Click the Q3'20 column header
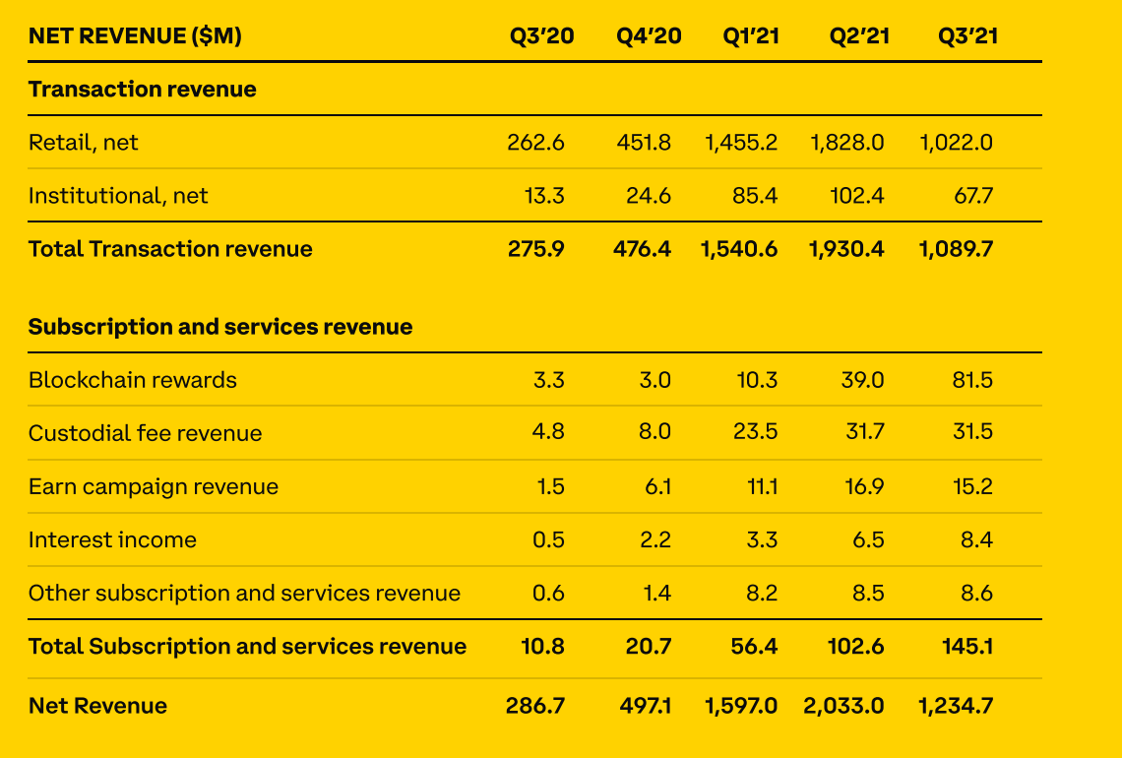pyautogui.click(x=541, y=36)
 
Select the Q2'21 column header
pyautogui.click(x=859, y=36)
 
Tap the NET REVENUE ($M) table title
pyautogui.click(x=135, y=36)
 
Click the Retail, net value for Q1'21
pyautogui.click(x=741, y=143)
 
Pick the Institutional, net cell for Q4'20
pyautogui.click(x=649, y=196)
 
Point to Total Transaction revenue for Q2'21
pyautogui.click(x=846, y=249)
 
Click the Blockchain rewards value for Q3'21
pyautogui.click(x=972, y=380)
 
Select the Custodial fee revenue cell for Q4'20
pyautogui.click(x=654, y=433)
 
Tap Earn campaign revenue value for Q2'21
pyautogui.click(x=863, y=486)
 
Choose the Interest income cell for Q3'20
pyautogui.click(x=548, y=539)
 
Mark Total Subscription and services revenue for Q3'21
pyautogui.click(x=966, y=646)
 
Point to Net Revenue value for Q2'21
pyautogui.click(x=843, y=706)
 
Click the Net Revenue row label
pyautogui.click(x=97, y=706)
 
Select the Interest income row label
pyautogui.click(x=112, y=539)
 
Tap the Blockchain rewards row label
pyautogui.click(x=133, y=380)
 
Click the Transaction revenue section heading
pyautogui.click(x=142, y=90)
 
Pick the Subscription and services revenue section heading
pyautogui.click(x=220, y=327)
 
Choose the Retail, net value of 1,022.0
pyautogui.click(x=957, y=143)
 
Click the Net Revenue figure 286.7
pyautogui.click(x=536, y=706)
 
